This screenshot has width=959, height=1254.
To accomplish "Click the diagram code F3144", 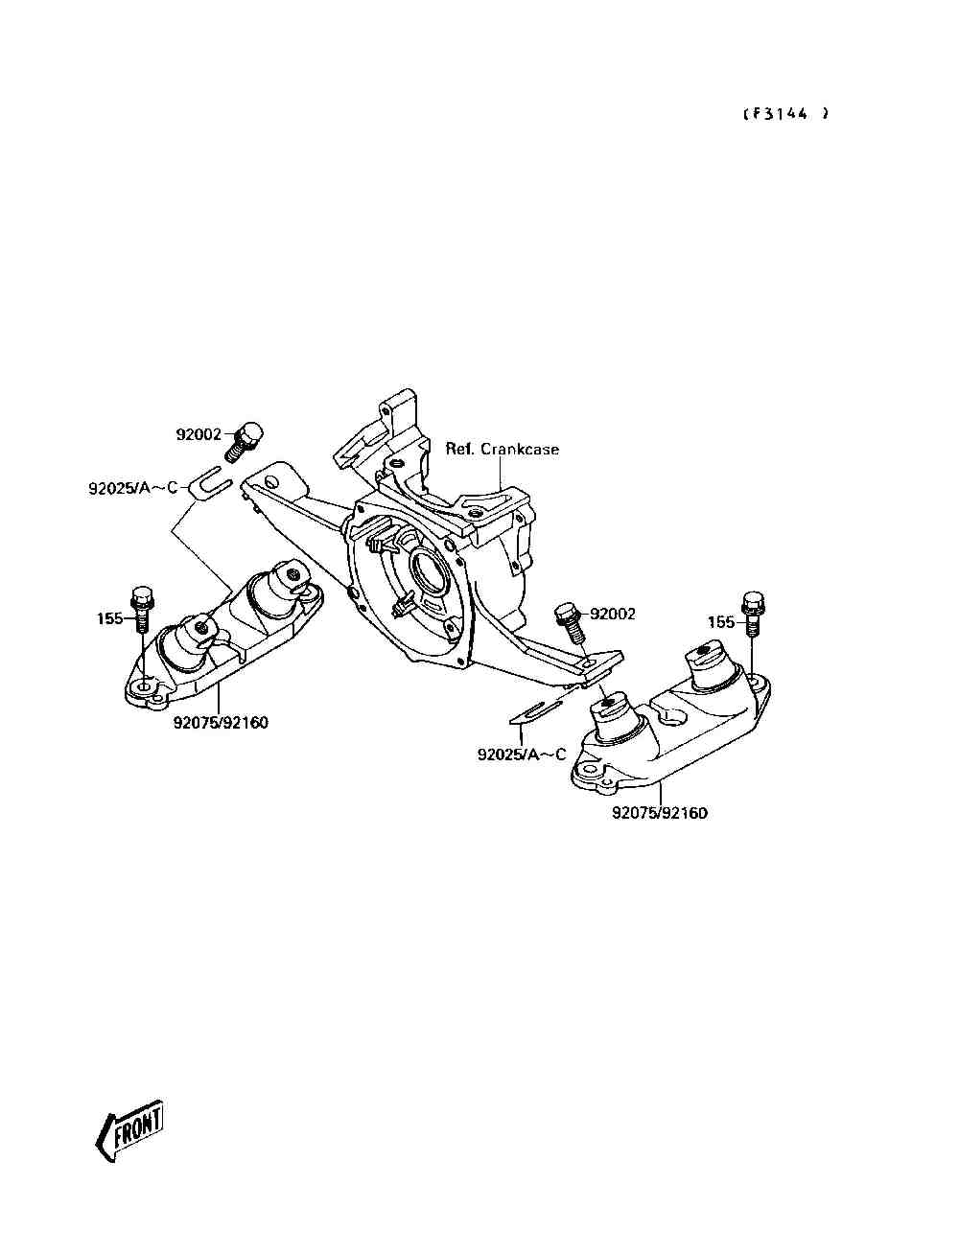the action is pyautogui.click(x=784, y=113).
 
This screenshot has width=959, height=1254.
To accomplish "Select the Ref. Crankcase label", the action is pyautogui.click(x=502, y=449).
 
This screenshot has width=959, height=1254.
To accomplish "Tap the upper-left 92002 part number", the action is pyautogui.click(x=199, y=434).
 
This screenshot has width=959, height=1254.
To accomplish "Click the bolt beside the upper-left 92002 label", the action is pyautogui.click(x=245, y=442).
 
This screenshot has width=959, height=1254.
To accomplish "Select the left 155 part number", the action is pyautogui.click(x=109, y=618).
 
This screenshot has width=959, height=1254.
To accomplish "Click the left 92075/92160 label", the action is pyautogui.click(x=221, y=723).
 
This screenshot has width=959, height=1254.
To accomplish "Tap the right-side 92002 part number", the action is pyautogui.click(x=613, y=614).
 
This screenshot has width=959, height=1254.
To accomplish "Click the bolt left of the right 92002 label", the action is pyautogui.click(x=568, y=622).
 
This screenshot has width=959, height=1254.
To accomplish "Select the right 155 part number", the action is pyautogui.click(x=722, y=622).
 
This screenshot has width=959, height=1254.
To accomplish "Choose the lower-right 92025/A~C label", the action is pyautogui.click(x=522, y=755).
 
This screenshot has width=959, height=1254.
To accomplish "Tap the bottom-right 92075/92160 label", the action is pyautogui.click(x=660, y=814).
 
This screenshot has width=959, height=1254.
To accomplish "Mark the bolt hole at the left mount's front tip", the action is pyautogui.click(x=143, y=688).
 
